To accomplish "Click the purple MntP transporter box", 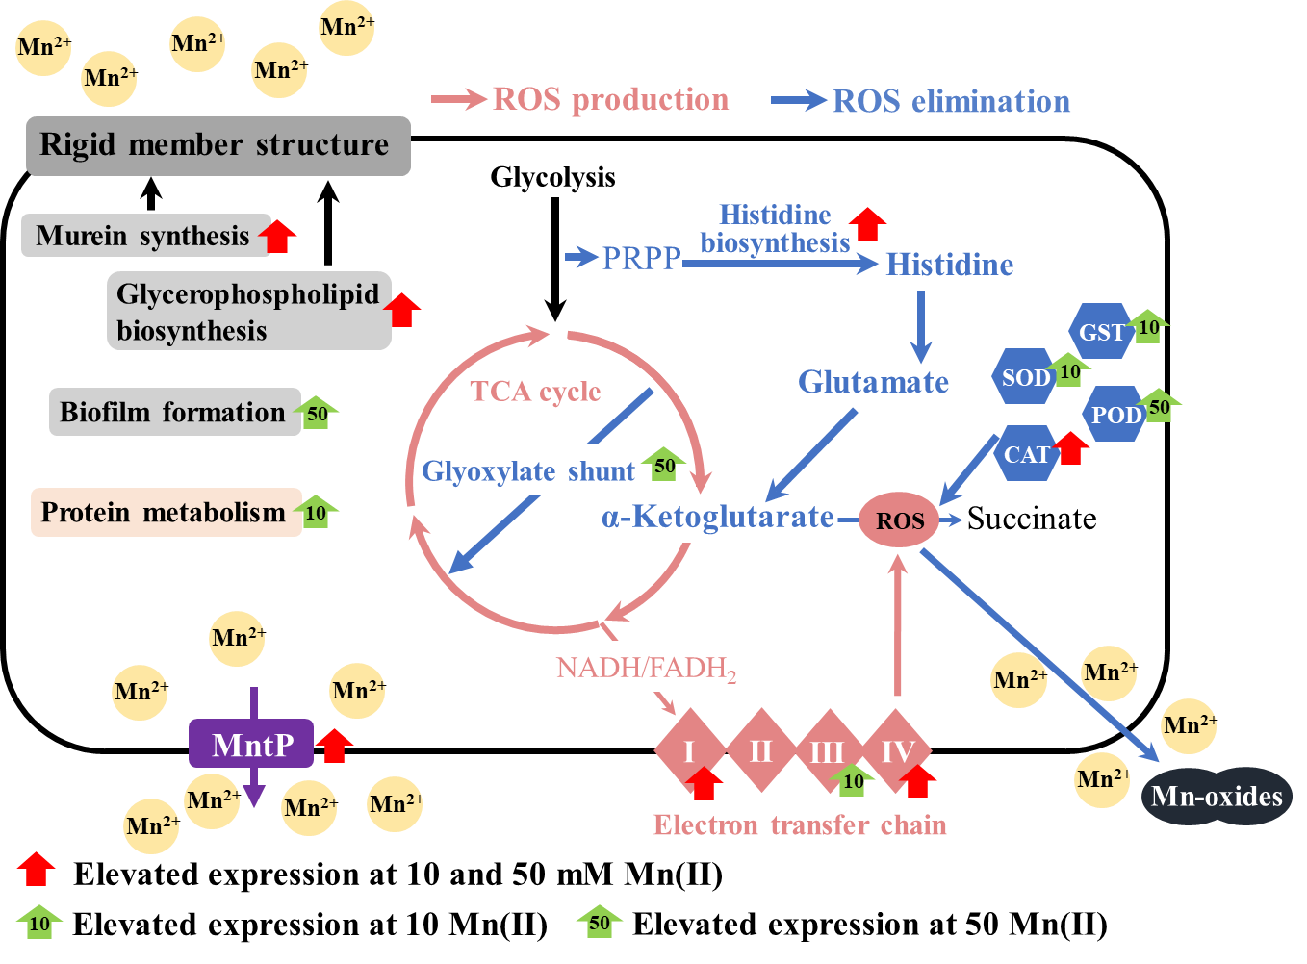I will tap(251, 744).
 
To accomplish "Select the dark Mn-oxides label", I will tap(1217, 796).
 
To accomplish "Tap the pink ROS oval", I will tap(899, 520).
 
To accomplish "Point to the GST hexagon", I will tap(1100, 332).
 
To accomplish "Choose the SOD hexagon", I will tap(1024, 377).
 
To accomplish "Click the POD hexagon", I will tap(1115, 415).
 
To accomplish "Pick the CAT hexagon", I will tap(1026, 454).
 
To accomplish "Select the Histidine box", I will tap(952, 264).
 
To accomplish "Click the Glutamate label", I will tap(873, 382).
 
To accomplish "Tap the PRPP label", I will tap(641, 258).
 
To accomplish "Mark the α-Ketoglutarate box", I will tap(717, 518).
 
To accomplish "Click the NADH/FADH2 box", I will tap(655, 667).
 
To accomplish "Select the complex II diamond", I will tap(760, 750).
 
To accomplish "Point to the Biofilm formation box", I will tap(174, 412).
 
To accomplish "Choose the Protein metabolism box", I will tap(165, 512).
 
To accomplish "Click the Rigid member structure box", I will tap(218, 145).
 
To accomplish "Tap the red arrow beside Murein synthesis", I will tap(278, 236).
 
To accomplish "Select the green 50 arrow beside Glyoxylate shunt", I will tap(663, 464).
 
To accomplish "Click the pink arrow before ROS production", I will tap(459, 98).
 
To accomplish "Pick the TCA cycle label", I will tap(535, 392).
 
